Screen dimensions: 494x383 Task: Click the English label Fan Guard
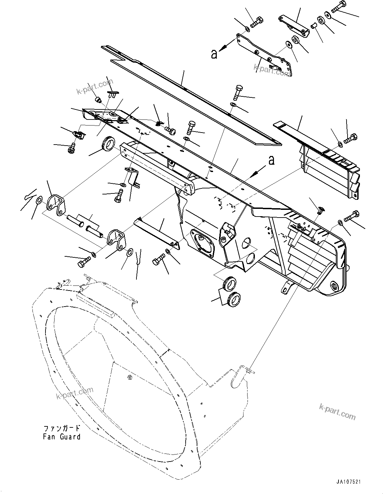62,436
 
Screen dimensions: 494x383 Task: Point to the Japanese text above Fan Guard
62,428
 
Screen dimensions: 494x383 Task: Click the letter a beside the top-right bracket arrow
214,54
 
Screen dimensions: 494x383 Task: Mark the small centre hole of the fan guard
129,378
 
